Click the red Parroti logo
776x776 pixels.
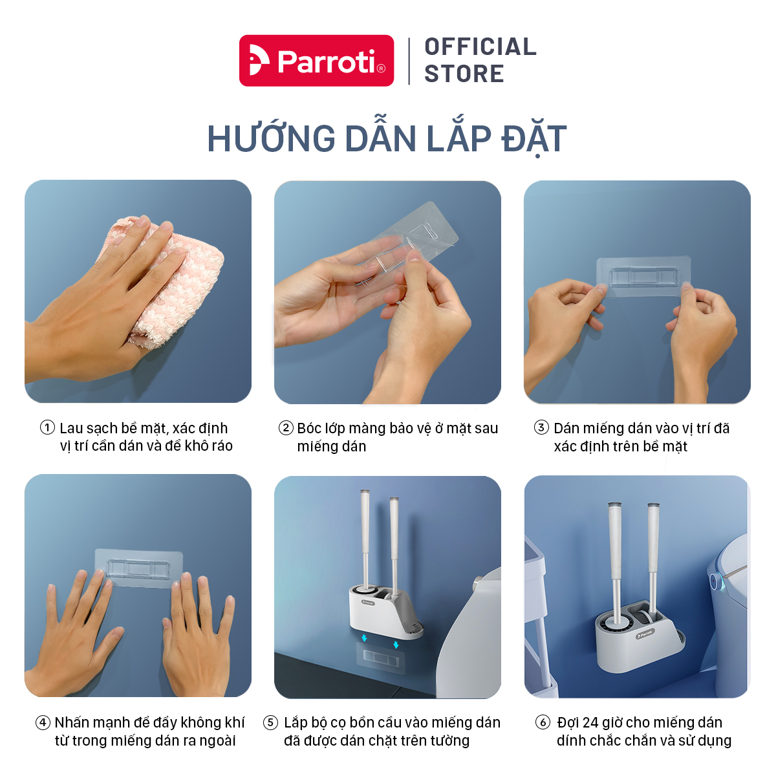pos(316,60)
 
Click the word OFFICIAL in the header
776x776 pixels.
pos(480,47)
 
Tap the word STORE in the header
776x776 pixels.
pos(464,74)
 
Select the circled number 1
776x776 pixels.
pos(47,427)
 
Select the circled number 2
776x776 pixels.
pos(286,427)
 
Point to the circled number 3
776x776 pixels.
pos(541,427)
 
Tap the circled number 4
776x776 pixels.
pos(43,722)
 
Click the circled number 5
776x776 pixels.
pos(270,722)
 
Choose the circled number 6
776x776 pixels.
pos(543,722)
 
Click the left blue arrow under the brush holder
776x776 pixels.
pos(364,638)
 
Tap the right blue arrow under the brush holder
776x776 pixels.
pos(396,645)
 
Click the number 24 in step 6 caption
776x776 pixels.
pos(590,722)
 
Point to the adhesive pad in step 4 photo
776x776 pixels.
pos(138,568)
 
